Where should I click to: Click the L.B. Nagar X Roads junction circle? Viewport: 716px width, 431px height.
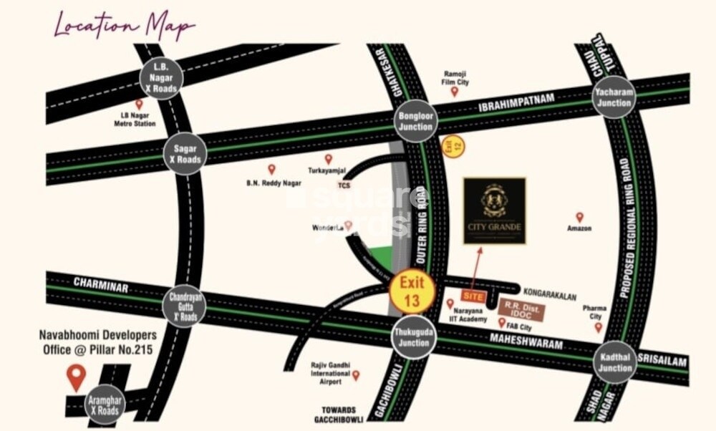pos(161,77)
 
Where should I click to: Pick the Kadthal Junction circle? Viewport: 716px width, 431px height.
pos(614,362)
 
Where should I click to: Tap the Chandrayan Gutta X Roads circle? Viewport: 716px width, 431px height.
pos(184,306)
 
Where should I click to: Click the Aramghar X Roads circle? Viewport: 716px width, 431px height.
pos(105,405)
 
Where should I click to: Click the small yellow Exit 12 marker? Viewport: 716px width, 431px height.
pos(450,146)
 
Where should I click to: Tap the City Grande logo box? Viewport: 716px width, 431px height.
pos(494,210)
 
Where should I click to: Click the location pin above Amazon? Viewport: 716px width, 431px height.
pos(579,216)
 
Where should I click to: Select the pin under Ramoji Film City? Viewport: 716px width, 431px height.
pos(454,91)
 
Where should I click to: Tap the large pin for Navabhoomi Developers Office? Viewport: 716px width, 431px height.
pos(76,376)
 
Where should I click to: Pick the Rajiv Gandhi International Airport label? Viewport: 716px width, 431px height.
pos(330,373)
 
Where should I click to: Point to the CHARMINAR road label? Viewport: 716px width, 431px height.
pos(100,286)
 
